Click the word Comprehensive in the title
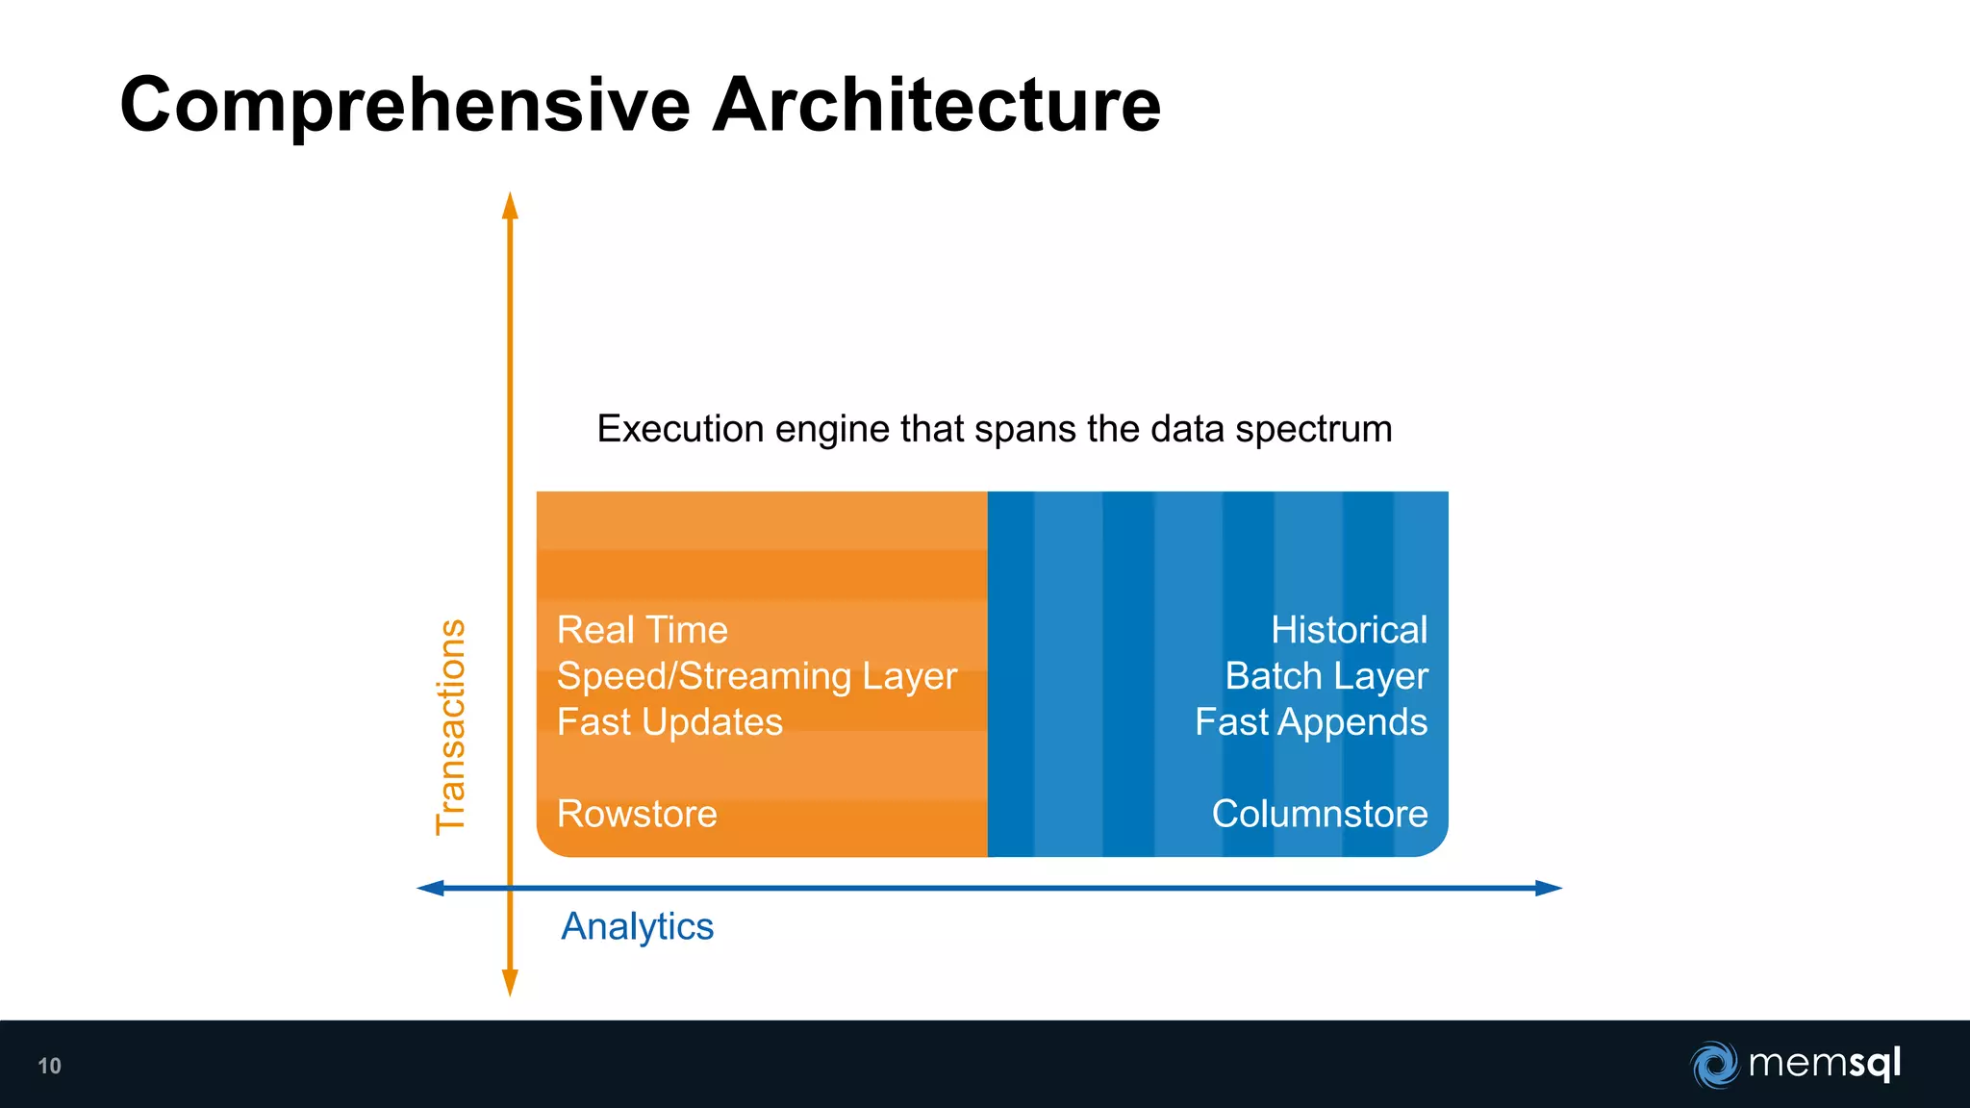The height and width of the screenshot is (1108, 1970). pos(405,106)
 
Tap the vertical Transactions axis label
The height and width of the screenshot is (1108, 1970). pos(451,727)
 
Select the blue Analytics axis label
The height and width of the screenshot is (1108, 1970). pos(637,926)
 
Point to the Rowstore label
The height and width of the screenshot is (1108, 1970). pos(637,814)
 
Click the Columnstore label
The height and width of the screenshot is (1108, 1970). pos(1319,814)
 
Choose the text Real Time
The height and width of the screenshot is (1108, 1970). pos(642,630)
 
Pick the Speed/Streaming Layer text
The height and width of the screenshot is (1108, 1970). pos(756,676)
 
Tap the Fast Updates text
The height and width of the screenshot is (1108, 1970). pos(669,722)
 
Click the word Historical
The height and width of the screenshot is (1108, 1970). pos(1349,630)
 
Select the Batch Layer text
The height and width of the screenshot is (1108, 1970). pos(1326,676)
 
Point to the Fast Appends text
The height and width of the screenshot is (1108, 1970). pos(1310,722)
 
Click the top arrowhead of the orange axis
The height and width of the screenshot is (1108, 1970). pos(511,205)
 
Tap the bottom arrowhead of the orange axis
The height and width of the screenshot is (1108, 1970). pos(511,983)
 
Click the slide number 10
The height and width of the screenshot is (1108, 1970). pos(49,1066)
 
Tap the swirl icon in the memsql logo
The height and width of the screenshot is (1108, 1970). pos(1714,1065)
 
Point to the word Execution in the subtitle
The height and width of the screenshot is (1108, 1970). pos(680,429)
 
